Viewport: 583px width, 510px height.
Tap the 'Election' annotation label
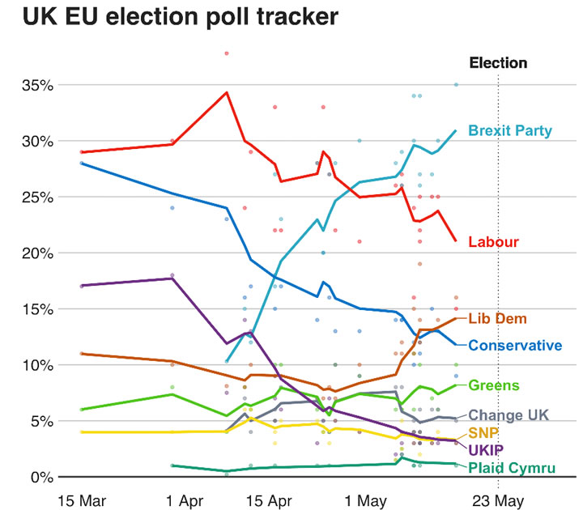coord(498,63)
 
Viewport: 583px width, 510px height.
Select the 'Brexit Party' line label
coord(510,130)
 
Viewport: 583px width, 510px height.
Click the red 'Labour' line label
coord(493,241)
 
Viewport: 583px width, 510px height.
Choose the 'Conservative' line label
coord(515,346)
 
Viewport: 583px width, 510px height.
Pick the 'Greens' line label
coord(493,385)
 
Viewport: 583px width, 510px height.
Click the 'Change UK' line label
coord(509,415)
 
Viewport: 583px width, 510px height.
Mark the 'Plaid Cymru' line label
coord(513,467)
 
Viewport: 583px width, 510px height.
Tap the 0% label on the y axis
coord(42,477)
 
